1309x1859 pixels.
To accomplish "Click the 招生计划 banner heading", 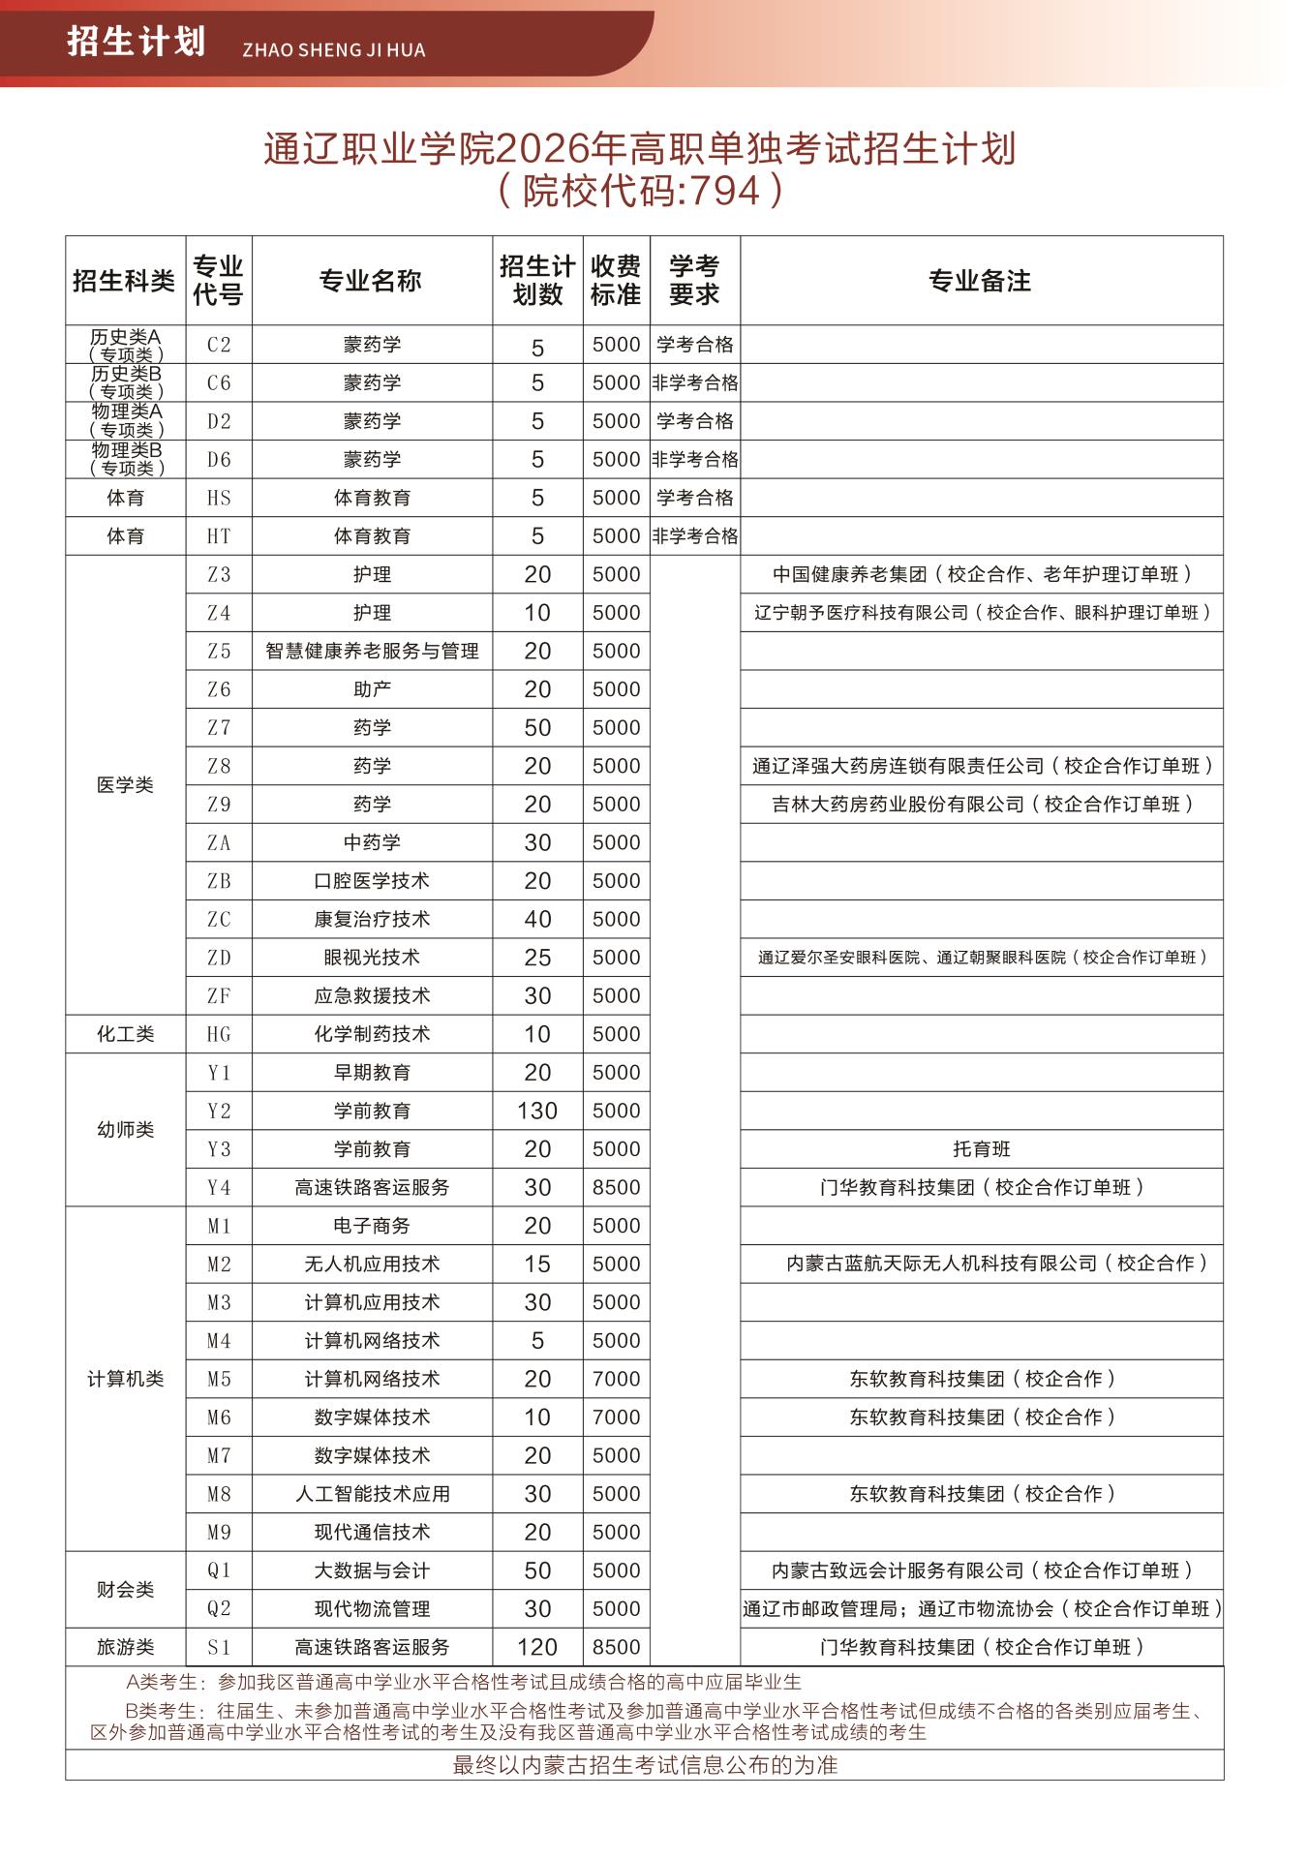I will click(137, 43).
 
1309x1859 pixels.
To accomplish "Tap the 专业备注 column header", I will click(980, 281).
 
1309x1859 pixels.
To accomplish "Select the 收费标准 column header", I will click(616, 281).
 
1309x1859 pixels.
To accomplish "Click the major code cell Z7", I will click(220, 728).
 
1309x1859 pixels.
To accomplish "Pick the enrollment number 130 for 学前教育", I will click(537, 1111).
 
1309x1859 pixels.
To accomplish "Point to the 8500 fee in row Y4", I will click(616, 1187).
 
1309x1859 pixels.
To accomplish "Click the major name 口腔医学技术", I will click(372, 881).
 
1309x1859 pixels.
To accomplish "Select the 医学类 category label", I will click(125, 785).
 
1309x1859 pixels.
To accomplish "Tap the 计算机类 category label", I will click(125, 1379).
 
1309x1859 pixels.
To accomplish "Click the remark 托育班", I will click(981, 1149).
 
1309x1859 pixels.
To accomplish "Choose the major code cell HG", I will click(220, 1034).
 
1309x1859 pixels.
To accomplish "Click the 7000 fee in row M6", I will click(616, 1417).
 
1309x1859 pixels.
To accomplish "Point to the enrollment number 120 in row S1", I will click(537, 1647).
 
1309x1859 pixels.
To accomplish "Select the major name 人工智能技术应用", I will click(372, 1494).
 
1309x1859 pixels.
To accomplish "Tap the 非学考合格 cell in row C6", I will click(694, 383).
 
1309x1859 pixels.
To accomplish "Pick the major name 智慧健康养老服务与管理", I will click(372, 652).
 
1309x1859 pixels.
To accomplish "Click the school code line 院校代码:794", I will click(639, 191).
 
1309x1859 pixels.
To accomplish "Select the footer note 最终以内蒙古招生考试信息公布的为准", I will click(645, 1764).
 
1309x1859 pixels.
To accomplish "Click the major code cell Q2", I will click(220, 1608).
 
